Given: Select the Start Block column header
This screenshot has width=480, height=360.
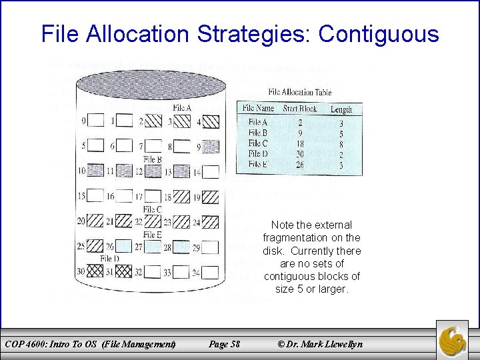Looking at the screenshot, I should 299,108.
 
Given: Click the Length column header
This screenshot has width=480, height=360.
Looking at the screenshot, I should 341,109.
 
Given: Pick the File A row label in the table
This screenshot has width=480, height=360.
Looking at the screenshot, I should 258,122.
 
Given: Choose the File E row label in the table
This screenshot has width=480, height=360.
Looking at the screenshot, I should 258,163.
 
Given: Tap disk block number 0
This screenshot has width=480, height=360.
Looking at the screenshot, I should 96,121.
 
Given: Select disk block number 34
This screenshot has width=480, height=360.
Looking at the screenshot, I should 211,272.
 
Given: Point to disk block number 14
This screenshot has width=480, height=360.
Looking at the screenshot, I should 211,171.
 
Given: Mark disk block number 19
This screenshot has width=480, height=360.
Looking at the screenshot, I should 211,197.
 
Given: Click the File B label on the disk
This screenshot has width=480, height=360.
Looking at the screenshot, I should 153,159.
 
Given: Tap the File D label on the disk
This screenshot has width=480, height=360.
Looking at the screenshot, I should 110,258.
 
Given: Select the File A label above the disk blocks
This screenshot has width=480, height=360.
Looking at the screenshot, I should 181,108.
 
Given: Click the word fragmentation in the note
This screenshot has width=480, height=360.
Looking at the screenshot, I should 311,238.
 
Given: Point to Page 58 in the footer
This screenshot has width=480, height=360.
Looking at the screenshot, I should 224,344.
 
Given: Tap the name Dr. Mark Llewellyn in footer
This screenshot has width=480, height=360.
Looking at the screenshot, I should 325,344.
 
